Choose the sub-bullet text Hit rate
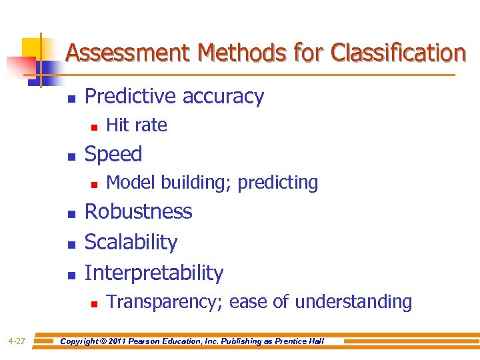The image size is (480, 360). point(137,125)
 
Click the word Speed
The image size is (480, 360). point(113,154)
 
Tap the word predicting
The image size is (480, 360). point(278,182)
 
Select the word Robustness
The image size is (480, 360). point(139,211)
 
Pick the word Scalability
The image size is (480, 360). point(131,242)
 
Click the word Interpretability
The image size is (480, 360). point(154,273)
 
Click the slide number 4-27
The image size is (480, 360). point(17,341)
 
